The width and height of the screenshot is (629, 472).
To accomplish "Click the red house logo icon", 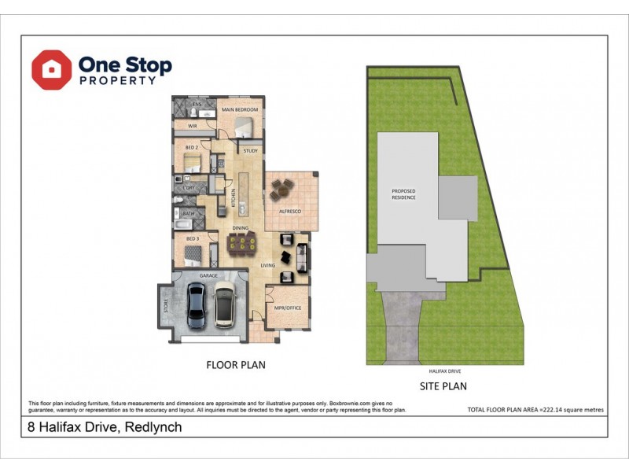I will (x=52, y=70).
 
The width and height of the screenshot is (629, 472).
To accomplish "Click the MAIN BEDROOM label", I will (x=240, y=109).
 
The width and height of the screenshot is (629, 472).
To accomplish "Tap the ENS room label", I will (x=197, y=104).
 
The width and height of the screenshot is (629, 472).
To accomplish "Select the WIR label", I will (x=192, y=125).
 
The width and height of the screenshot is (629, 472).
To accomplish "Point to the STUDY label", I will (x=250, y=150).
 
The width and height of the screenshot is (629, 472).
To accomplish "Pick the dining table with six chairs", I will (x=240, y=243).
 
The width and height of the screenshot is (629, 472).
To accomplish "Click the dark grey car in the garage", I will (x=198, y=306).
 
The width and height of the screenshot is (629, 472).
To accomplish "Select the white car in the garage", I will (x=225, y=305).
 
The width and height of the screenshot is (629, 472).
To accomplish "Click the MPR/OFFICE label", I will (x=288, y=308).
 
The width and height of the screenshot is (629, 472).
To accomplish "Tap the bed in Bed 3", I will (x=193, y=255).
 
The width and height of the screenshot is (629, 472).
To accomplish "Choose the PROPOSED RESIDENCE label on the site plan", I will (x=404, y=194).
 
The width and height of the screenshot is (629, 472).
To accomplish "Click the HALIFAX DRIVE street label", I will (x=444, y=369).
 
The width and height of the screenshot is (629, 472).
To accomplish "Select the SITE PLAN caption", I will (x=443, y=385).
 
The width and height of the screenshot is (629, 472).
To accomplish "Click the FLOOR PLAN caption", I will (x=235, y=364).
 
